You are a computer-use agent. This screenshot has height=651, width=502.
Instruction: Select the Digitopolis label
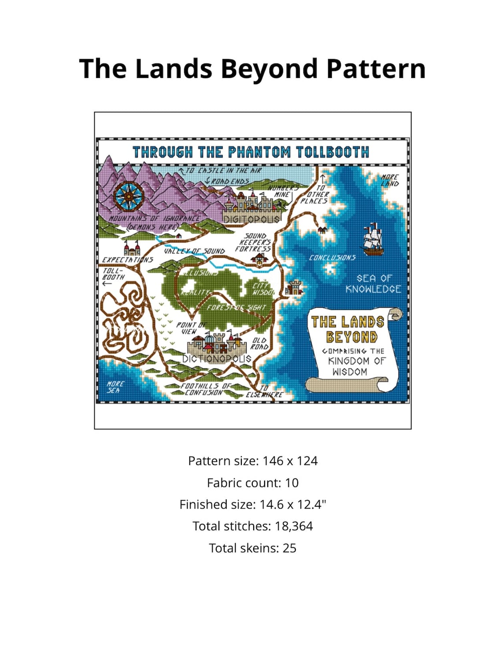point(251,219)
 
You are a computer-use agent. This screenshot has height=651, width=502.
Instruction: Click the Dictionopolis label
point(217,359)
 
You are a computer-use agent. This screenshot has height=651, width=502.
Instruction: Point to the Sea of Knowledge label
point(373,284)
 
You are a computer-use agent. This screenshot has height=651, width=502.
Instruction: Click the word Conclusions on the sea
point(332,257)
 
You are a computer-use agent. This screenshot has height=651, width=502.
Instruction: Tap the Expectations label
point(127,260)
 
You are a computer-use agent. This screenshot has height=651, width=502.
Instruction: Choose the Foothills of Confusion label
point(204,389)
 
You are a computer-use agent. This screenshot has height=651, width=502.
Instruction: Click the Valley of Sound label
point(194,251)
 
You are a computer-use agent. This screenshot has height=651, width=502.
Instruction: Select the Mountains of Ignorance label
point(154,219)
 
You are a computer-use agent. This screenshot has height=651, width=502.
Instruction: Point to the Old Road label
point(259,344)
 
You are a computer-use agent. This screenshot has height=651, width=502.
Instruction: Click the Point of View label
point(191,328)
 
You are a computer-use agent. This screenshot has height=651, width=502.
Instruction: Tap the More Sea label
point(115,387)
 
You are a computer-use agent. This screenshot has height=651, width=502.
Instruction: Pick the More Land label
point(390,180)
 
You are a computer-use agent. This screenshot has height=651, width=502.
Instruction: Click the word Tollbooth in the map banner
point(332,153)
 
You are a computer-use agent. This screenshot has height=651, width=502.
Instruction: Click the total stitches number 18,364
point(294,526)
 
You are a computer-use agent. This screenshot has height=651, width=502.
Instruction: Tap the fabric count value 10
point(292,483)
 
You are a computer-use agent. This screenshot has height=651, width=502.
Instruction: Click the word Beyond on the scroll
point(351,337)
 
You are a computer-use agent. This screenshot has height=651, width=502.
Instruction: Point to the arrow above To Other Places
point(322,179)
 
